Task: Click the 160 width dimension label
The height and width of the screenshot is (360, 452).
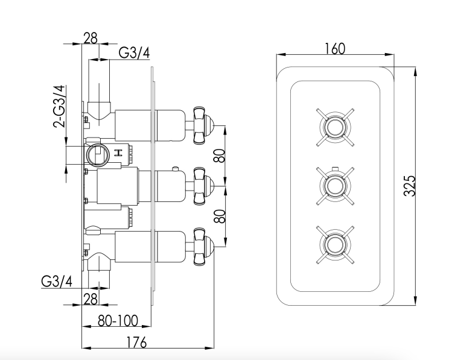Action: coord(334,49)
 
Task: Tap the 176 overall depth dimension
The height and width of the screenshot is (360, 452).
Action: coord(137,343)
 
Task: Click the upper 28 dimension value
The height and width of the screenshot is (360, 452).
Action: coord(90,37)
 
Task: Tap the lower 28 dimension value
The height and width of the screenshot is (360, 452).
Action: coord(91,297)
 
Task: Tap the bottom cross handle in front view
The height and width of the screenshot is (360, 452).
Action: coord(333,243)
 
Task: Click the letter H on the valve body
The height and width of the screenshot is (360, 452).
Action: coord(118,153)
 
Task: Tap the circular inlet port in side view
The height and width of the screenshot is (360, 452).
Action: coord(97,154)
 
